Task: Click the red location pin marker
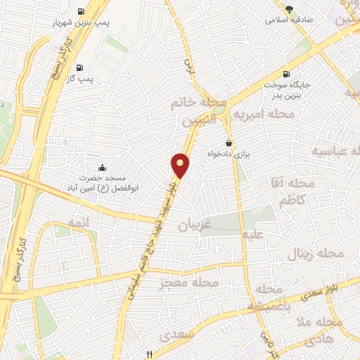point(181,165)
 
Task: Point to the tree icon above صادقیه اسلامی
point(288,8)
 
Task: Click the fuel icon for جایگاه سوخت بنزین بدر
point(285,74)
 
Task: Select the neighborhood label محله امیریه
point(262,112)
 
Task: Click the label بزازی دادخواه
point(227,153)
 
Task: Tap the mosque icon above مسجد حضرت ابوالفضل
point(103,167)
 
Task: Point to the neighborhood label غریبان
point(194,226)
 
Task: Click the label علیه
point(252,236)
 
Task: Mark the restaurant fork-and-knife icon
point(148,354)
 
